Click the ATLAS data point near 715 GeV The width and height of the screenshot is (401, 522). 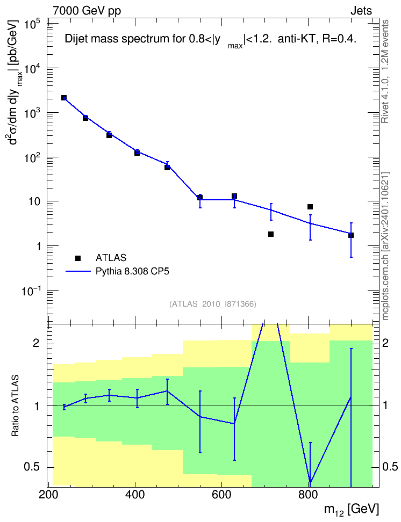271,234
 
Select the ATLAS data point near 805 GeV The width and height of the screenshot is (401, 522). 310,207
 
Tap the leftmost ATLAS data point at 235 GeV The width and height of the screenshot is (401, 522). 64,98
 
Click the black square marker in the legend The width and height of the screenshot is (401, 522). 78,258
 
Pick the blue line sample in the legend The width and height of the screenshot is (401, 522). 78,271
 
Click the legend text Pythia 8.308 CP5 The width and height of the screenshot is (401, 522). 132,271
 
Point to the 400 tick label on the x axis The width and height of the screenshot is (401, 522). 135,495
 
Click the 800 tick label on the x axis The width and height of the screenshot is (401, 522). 308,495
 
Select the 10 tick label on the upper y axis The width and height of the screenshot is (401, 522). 34,202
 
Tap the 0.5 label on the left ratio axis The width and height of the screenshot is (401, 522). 32,467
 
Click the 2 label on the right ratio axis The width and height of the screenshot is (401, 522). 385,343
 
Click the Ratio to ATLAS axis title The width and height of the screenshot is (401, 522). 15,406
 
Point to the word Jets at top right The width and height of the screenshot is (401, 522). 361,11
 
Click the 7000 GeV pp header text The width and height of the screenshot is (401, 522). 87,11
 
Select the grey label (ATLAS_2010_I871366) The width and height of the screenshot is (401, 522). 213,304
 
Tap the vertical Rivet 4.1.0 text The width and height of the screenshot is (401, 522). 385,71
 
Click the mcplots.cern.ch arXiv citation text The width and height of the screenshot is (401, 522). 385,247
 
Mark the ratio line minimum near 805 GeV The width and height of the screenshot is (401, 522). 310,483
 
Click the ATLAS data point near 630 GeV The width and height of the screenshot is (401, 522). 234,196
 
